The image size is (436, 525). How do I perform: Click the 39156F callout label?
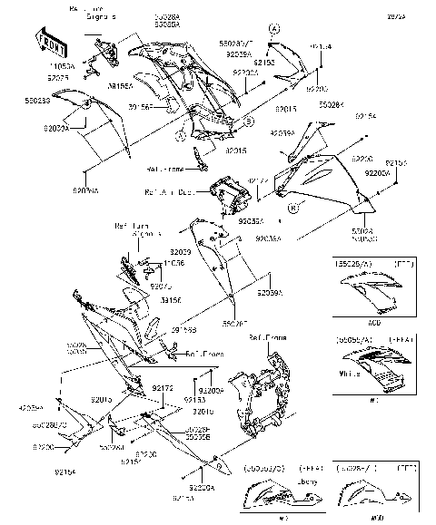pyautogui.click(x=140, y=106)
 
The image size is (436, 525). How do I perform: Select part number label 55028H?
pyautogui.click(x=331, y=104)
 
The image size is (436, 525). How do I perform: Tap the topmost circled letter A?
pyautogui.click(x=272, y=29)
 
